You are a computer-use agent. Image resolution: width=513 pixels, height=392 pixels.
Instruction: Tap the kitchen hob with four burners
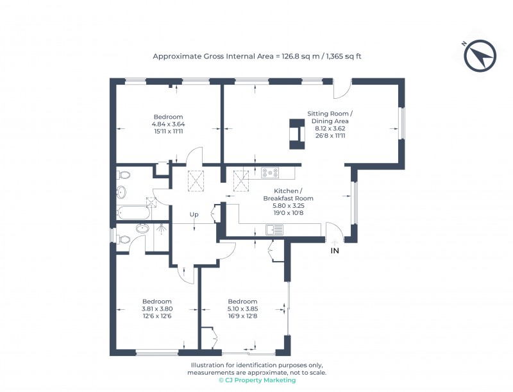click(x=270, y=173)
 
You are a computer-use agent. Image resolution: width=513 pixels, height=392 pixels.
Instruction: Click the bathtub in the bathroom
click(x=133, y=212)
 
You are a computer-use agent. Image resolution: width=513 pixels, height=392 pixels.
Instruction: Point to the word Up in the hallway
click(x=194, y=214)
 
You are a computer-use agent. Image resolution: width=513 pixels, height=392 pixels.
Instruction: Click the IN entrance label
click(x=334, y=251)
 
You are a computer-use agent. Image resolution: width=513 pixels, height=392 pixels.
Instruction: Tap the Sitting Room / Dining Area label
click(x=330, y=117)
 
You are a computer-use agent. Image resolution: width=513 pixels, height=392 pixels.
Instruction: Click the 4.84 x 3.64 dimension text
click(x=168, y=124)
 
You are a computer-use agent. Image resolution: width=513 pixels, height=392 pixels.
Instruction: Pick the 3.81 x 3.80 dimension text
click(x=157, y=309)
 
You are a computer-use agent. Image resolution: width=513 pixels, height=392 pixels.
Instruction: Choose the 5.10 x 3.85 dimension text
click(x=242, y=309)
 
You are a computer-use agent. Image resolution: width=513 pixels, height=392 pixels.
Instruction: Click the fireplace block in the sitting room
click(x=296, y=134)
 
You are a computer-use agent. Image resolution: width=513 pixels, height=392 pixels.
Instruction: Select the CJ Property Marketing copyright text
click(x=257, y=380)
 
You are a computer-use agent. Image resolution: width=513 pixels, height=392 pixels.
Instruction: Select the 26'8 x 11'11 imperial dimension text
click(x=330, y=136)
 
